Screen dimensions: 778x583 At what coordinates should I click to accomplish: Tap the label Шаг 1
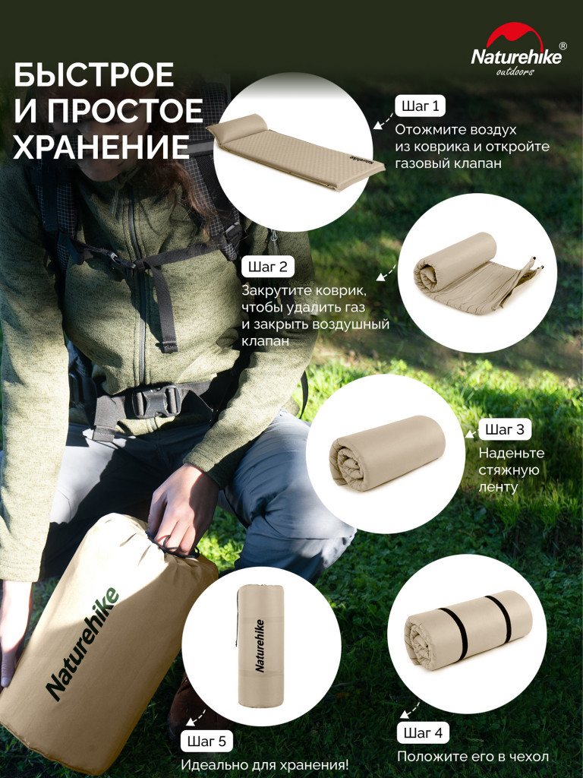click(420, 106)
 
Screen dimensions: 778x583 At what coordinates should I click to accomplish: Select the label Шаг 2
click(267, 267)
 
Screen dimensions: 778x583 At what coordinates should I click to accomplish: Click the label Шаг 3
click(505, 429)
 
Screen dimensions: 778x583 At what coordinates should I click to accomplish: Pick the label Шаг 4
click(423, 733)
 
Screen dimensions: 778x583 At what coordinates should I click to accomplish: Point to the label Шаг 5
click(206, 741)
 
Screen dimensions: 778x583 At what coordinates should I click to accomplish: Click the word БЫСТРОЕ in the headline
click(94, 76)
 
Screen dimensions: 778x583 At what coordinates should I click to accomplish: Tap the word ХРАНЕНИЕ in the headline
click(102, 147)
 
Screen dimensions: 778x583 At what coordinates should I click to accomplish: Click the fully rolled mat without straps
click(386, 453)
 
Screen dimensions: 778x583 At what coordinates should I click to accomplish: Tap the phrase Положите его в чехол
click(472, 757)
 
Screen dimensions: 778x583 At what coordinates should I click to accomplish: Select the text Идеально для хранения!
click(264, 764)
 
